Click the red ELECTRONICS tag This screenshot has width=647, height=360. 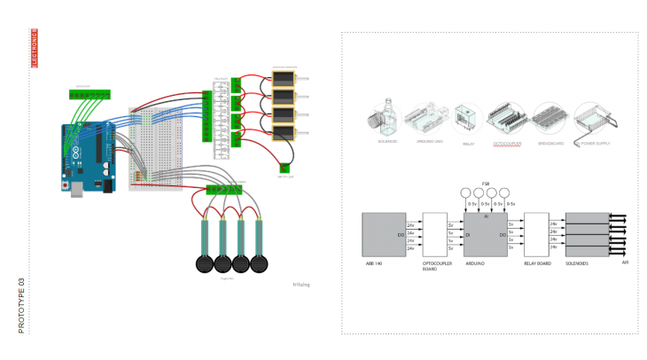point(35,49)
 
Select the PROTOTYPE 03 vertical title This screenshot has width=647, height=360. point(22,305)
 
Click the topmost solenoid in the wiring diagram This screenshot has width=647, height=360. point(284,77)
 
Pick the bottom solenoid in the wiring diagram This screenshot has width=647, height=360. point(284,134)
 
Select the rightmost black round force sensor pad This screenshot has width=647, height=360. point(260,262)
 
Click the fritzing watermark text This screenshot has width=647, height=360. point(302,285)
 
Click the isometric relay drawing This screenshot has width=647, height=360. point(467,120)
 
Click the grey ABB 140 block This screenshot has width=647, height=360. point(383,235)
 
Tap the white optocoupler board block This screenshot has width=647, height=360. point(435,235)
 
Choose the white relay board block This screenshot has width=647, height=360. point(536,235)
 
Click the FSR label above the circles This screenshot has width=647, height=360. point(486,184)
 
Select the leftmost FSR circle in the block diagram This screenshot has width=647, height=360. point(465,192)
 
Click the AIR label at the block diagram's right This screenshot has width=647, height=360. point(625,263)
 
